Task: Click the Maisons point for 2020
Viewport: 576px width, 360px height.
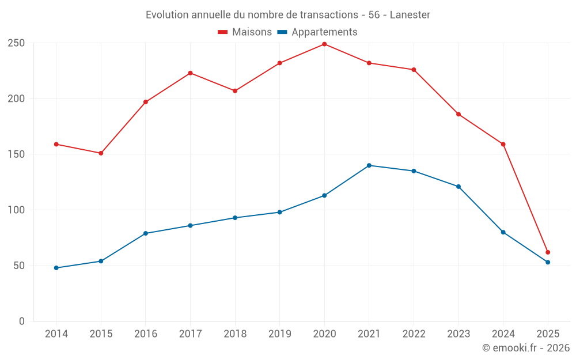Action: [x=324, y=44]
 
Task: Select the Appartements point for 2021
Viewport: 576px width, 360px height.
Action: [x=369, y=165]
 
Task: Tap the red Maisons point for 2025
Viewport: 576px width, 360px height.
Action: [x=548, y=252]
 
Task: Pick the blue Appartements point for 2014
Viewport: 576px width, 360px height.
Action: [x=56, y=268]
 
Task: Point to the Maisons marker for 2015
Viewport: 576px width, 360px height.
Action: [x=101, y=153]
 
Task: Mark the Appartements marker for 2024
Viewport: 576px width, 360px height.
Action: [x=503, y=232]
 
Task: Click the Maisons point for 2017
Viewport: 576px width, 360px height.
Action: [x=190, y=73]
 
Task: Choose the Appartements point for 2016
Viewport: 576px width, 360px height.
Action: [x=146, y=233]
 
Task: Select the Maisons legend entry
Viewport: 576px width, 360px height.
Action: [x=245, y=32]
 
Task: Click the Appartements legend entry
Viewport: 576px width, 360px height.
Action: [x=317, y=32]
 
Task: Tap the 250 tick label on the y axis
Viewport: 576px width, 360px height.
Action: [x=16, y=43]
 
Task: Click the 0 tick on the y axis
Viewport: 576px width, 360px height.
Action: [x=21, y=321]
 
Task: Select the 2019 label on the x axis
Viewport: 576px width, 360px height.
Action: [x=279, y=334]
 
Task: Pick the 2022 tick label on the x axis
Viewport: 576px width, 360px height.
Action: [x=414, y=334]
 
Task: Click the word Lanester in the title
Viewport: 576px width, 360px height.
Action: [x=410, y=15]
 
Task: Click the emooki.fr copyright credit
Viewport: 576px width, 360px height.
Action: [x=526, y=348]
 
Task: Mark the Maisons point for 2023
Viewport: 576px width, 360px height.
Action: [x=458, y=114]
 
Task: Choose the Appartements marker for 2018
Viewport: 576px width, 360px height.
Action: [x=235, y=218]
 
